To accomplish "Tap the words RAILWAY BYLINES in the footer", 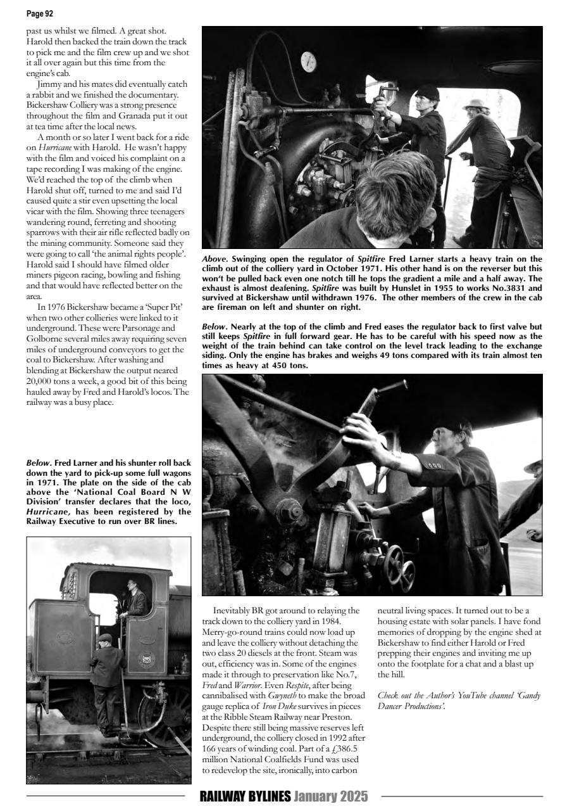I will coord(245,796).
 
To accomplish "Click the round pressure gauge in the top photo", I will coord(309,61).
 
